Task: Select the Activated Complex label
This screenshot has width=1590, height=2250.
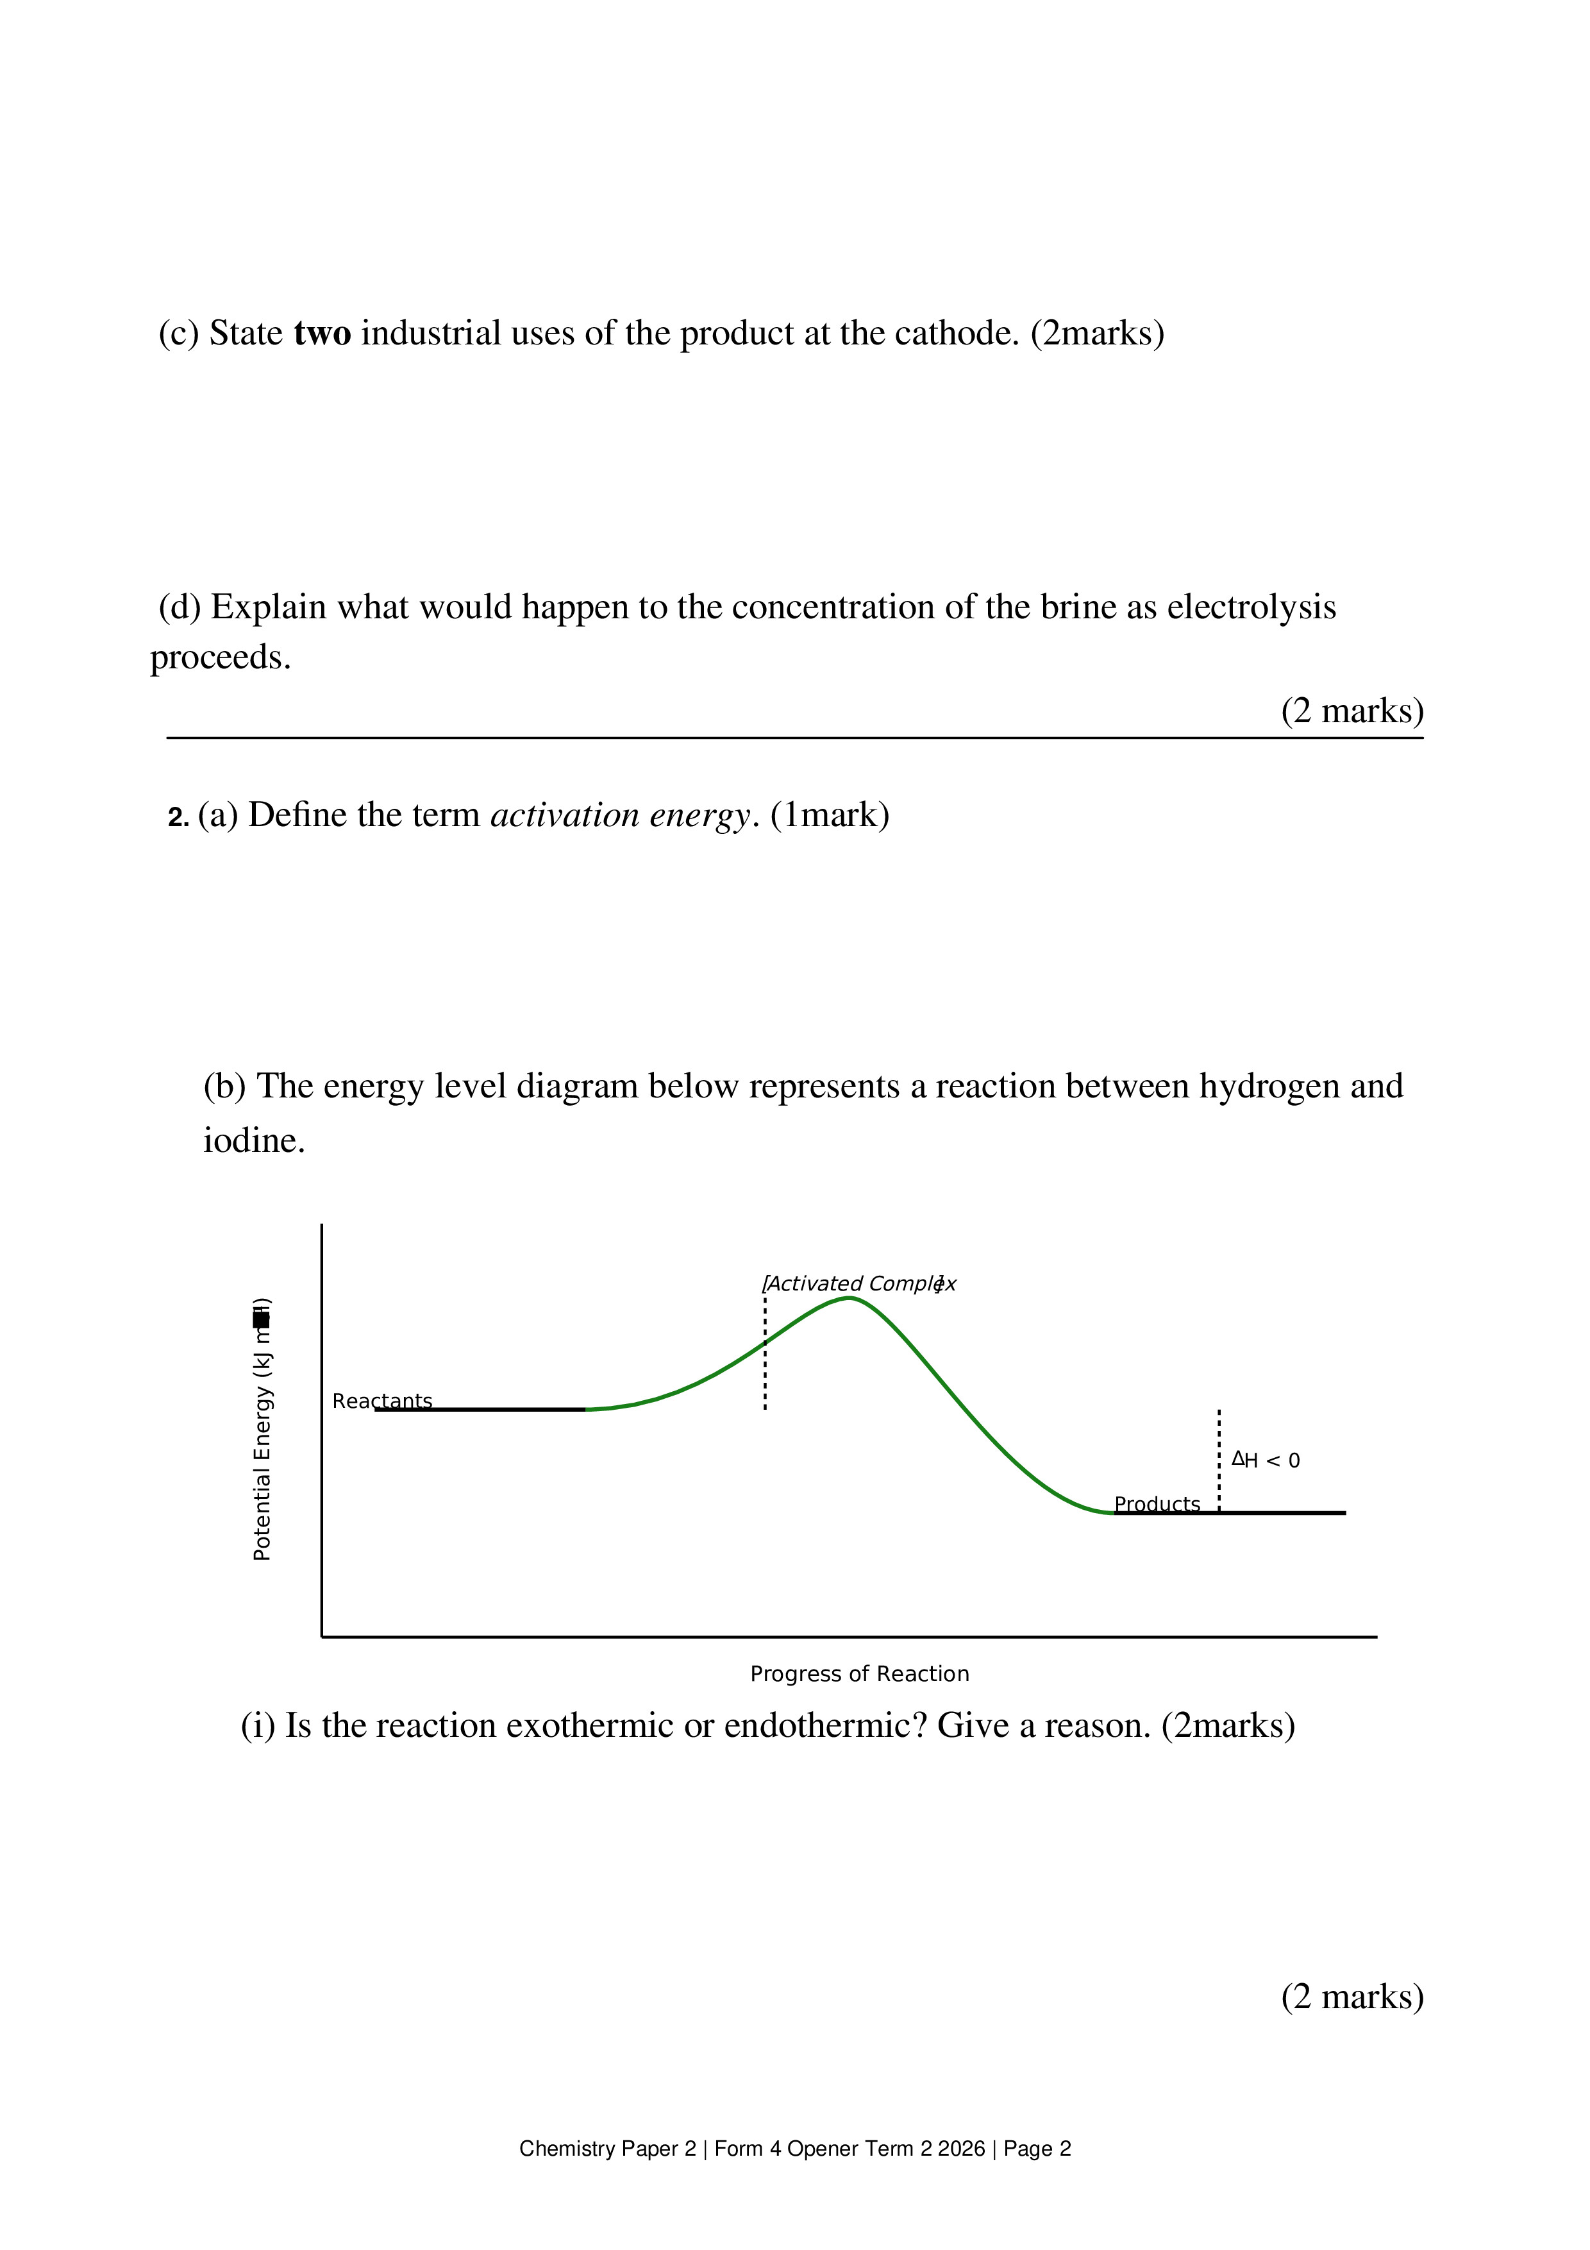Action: tap(858, 1284)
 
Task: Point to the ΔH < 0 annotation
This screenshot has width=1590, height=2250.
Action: tap(1266, 1460)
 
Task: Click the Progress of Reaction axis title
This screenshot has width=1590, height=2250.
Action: tap(859, 1674)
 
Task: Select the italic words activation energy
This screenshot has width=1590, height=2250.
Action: tap(620, 815)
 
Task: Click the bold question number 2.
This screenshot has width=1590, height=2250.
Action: tap(178, 817)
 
